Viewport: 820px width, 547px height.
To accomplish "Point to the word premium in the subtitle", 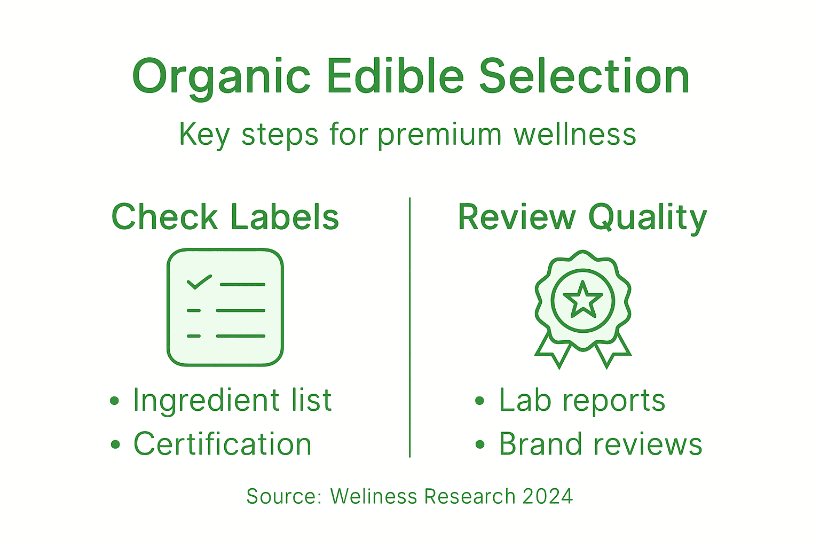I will click(x=440, y=135).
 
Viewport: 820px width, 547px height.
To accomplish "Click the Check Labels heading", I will click(x=225, y=217).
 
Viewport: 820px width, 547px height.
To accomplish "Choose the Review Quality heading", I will click(x=582, y=218).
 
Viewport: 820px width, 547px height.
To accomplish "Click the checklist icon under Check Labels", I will click(x=225, y=307).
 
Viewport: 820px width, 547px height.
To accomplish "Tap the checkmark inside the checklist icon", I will click(x=199, y=281).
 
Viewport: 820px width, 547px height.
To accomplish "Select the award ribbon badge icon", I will click(x=583, y=308).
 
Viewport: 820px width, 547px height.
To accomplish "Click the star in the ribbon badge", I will click(x=583, y=300).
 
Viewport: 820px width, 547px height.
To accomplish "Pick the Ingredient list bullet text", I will click(x=232, y=400).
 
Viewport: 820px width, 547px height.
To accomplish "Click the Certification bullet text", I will click(x=223, y=444).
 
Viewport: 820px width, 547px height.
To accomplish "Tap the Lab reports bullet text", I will click(x=582, y=400).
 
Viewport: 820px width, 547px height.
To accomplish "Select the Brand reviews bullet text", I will click(x=600, y=444).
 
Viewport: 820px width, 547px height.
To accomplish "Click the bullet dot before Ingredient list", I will click(x=114, y=401).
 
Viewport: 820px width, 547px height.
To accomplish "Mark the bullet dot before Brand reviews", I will click(x=479, y=444).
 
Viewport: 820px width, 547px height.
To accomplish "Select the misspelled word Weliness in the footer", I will click(x=374, y=496).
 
